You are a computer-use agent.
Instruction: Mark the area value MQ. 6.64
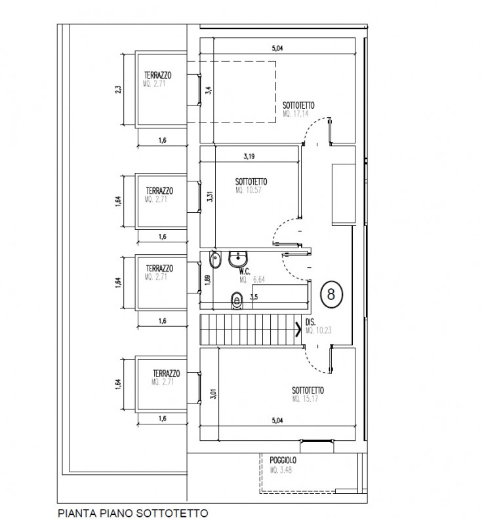pos(252,279)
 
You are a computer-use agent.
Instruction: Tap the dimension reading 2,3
pos(118,90)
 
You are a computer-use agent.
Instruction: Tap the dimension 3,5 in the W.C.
pos(253,296)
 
